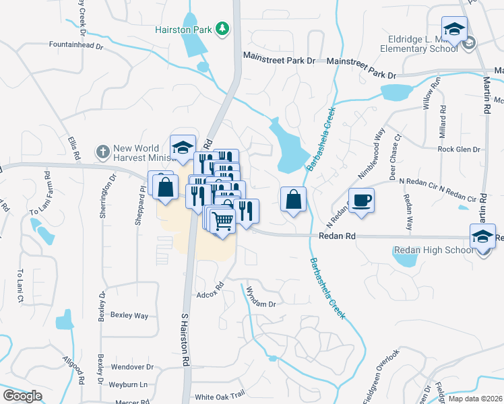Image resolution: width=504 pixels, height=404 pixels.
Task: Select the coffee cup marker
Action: click(x=361, y=200)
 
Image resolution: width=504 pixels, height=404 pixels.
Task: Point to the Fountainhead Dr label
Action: click(x=75, y=46)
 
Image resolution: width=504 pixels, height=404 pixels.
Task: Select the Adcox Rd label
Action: click(x=210, y=294)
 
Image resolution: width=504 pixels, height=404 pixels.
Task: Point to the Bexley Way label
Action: click(x=129, y=315)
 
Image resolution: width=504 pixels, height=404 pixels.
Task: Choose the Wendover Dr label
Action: click(x=132, y=368)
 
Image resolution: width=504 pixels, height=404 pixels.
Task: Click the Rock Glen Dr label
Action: click(x=458, y=149)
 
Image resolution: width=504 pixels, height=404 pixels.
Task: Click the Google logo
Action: click(x=22, y=396)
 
